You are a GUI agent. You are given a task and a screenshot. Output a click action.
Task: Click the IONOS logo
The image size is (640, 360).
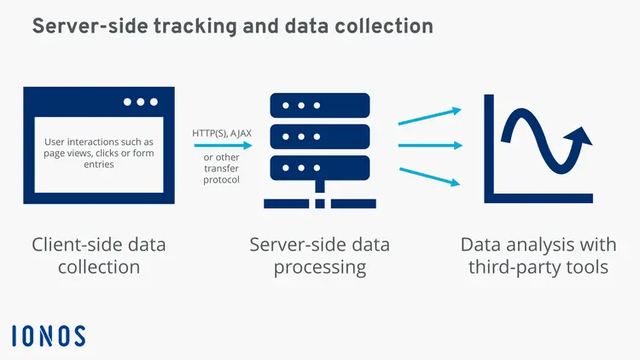pos(49,335)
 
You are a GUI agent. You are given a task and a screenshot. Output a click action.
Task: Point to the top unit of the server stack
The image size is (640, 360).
pos(319,106)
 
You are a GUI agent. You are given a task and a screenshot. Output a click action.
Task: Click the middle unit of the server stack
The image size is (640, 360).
pos(319,136)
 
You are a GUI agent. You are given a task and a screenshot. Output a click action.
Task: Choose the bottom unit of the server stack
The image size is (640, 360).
pos(319,165)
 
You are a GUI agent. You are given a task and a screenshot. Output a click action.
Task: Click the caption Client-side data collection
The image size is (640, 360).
pos(99,256)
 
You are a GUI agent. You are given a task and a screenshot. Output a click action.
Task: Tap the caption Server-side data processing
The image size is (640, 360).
pos(319,256)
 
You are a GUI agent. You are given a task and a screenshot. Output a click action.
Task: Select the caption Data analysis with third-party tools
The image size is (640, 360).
pos(538,256)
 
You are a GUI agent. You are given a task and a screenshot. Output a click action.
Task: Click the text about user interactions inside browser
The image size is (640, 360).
pos(99,153)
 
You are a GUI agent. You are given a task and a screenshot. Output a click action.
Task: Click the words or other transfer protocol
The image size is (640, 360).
pos(222,168)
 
